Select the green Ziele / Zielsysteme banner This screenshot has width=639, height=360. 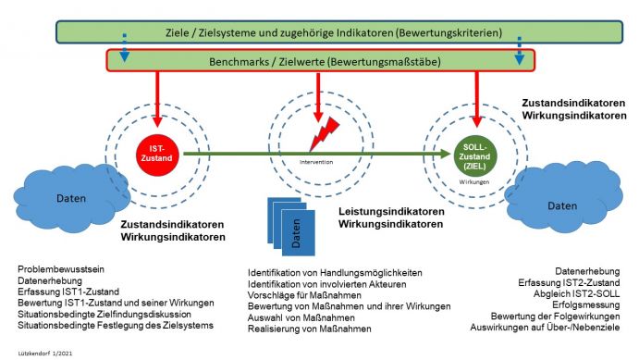(x=318, y=32)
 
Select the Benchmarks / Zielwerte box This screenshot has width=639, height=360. (x=320, y=61)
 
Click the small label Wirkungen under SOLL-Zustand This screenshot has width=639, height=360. (x=475, y=182)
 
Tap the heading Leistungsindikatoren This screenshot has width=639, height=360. (x=392, y=212)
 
